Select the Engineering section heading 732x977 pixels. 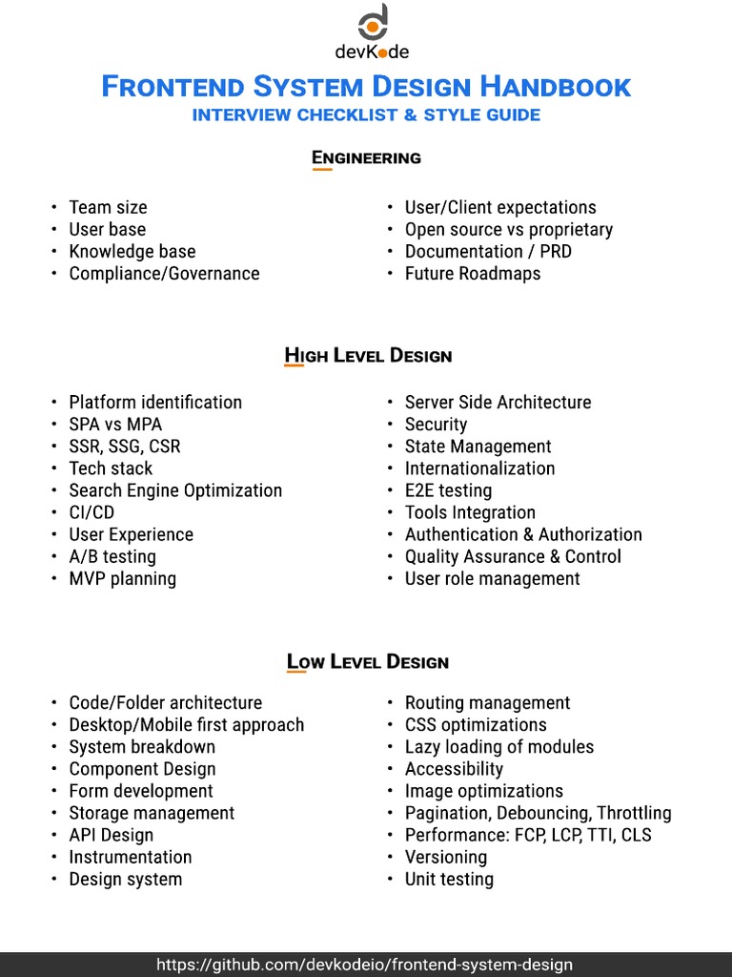(x=366, y=157)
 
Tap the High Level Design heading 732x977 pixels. (x=368, y=356)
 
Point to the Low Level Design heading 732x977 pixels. (x=368, y=661)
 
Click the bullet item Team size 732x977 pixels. (x=108, y=207)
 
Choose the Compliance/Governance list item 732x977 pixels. (x=164, y=273)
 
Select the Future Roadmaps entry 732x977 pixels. (x=472, y=273)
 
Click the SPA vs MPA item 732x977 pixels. (x=115, y=424)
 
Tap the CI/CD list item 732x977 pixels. (x=91, y=512)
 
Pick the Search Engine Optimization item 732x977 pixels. (x=175, y=490)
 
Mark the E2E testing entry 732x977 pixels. (x=448, y=490)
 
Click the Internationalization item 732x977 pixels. (x=479, y=468)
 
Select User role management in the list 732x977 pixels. (x=492, y=578)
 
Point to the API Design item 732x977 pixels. (x=111, y=835)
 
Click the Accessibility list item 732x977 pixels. (x=454, y=769)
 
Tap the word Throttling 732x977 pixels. (x=634, y=813)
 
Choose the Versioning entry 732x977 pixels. (x=445, y=857)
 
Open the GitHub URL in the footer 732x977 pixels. (x=365, y=964)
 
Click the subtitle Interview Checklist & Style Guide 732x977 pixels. (x=366, y=115)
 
